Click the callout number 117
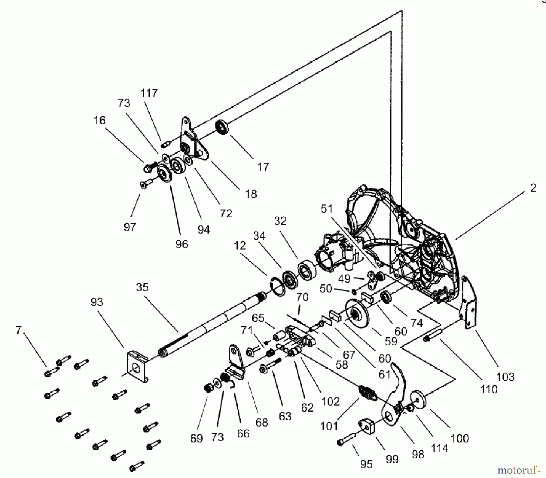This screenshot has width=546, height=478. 149,93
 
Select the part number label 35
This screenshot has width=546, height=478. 142,287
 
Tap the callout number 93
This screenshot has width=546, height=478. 97,302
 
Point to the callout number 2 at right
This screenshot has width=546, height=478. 533,188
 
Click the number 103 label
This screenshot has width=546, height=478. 505,377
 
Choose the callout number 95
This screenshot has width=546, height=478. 366,464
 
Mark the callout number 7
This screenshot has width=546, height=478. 19,330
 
